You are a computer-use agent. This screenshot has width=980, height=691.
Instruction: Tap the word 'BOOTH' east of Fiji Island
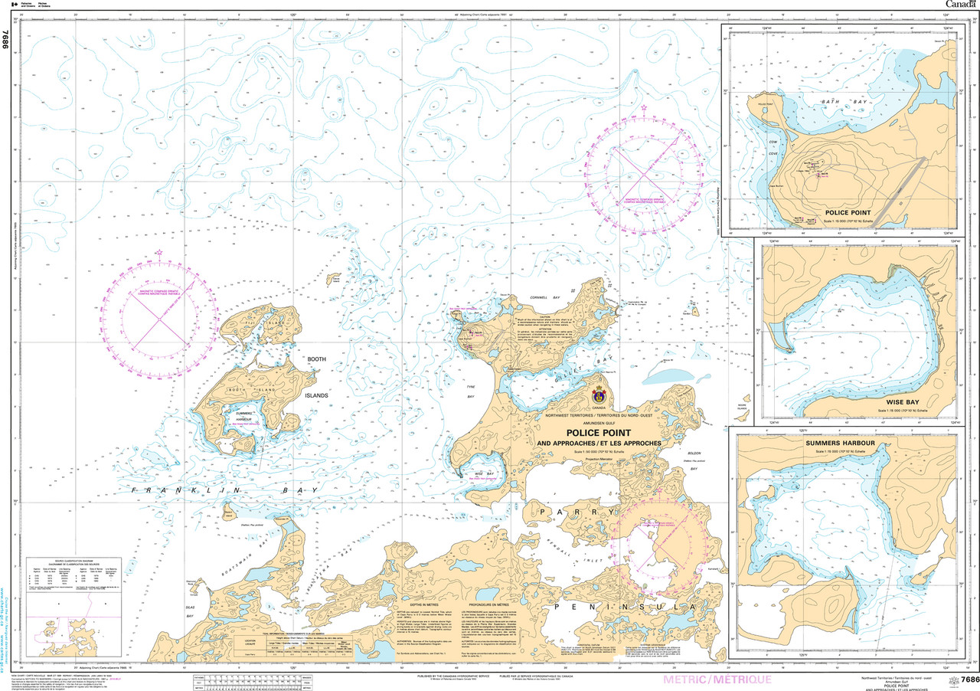(316, 359)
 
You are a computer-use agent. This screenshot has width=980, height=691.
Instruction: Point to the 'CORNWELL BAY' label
(545, 296)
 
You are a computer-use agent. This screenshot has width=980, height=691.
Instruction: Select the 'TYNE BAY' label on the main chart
(472, 390)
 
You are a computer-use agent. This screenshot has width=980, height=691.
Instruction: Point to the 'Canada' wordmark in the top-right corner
(954, 5)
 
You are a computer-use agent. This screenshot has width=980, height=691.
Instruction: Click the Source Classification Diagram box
(74, 587)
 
